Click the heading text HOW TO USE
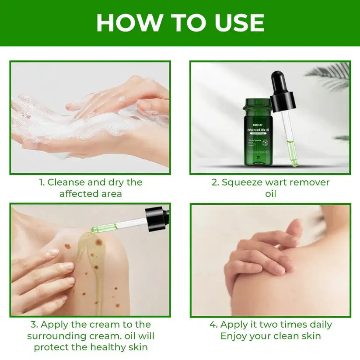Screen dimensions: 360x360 [180, 23]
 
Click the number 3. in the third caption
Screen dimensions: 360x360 [35, 325]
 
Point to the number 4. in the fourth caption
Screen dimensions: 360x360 [213, 325]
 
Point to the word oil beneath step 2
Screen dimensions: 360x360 [270, 193]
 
